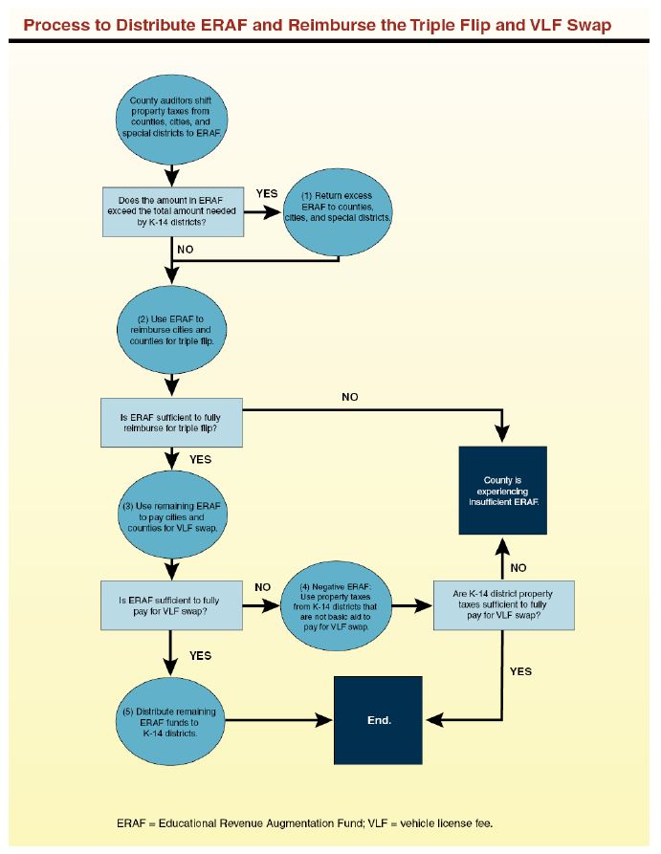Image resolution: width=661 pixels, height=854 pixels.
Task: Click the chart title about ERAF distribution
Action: [x=317, y=24]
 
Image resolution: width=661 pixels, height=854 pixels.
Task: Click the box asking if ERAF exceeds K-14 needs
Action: [x=172, y=210]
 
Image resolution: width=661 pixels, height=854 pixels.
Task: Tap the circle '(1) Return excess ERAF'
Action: [x=340, y=212]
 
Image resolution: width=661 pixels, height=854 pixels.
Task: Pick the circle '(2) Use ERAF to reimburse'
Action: [x=171, y=328]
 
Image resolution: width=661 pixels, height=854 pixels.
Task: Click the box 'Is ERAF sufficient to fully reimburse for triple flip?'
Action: [x=172, y=423]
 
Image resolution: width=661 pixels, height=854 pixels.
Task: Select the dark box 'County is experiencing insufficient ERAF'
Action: [x=503, y=489]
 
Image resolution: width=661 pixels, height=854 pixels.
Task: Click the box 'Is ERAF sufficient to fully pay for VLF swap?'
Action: [x=172, y=605]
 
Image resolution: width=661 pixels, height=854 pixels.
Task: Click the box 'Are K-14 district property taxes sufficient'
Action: [x=503, y=605]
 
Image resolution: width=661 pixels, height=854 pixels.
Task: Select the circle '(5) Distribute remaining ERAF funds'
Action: [x=171, y=720]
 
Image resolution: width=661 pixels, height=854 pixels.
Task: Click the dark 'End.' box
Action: [x=377, y=720]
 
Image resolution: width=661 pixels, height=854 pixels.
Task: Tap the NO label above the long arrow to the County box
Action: [x=349, y=397]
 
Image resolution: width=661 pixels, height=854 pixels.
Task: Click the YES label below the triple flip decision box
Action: [x=200, y=459]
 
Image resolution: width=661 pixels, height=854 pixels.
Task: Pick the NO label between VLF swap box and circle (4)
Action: [x=262, y=586]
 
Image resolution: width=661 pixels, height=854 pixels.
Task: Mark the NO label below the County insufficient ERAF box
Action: [x=518, y=567]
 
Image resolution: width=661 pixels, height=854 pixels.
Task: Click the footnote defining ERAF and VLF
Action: [x=305, y=822]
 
